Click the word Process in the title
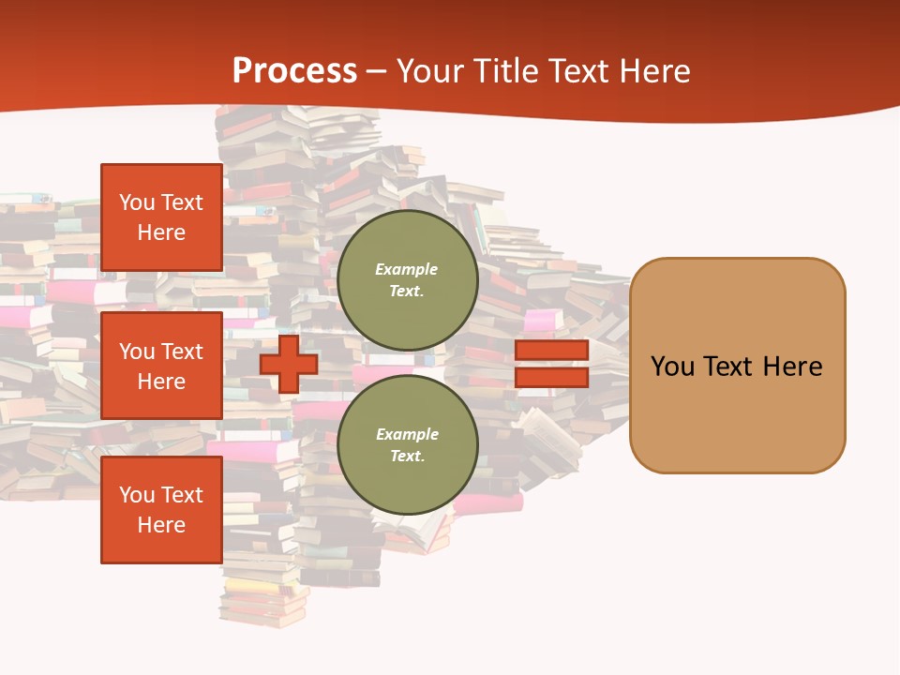[294, 71]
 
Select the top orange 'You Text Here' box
[161, 217]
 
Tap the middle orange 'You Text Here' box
[161, 366]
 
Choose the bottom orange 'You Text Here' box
[161, 510]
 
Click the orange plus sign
[289, 364]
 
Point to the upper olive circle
[407, 280]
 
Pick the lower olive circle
[407, 445]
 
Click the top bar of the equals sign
[551, 350]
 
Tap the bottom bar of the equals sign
[551, 378]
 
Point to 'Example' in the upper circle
[407, 269]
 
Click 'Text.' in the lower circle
[407, 457]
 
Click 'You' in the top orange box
[136, 202]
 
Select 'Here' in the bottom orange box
[161, 525]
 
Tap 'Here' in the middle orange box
[161, 382]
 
